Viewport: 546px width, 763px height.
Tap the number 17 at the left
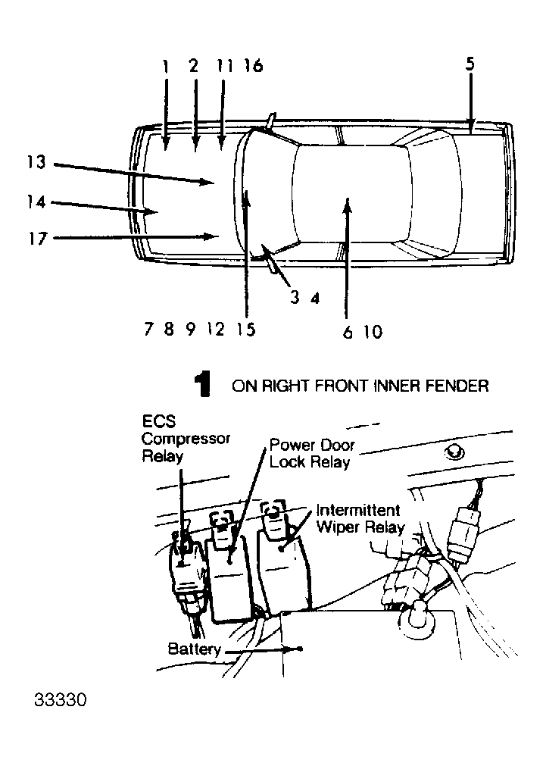pyautogui.click(x=36, y=239)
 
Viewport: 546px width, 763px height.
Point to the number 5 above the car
pyautogui.click(x=470, y=64)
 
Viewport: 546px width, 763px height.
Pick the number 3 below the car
pyautogui.click(x=295, y=298)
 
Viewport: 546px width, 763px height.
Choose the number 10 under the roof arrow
pyautogui.click(x=373, y=331)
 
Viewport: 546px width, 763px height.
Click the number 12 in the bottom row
pyautogui.click(x=216, y=330)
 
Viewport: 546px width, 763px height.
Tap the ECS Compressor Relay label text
pyautogui.click(x=186, y=439)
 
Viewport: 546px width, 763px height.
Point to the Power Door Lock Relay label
pyautogui.click(x=312, y=453)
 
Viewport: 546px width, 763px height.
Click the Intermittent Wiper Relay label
pyautogui.click(x=360, y=518)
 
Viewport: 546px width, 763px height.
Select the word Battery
pyautogui.click(x=194, y=649)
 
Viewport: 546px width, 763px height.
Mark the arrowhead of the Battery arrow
pyautogui.click(x=298, y=649)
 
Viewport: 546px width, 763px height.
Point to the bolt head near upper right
pyautogui.click(x=454, y=452)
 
